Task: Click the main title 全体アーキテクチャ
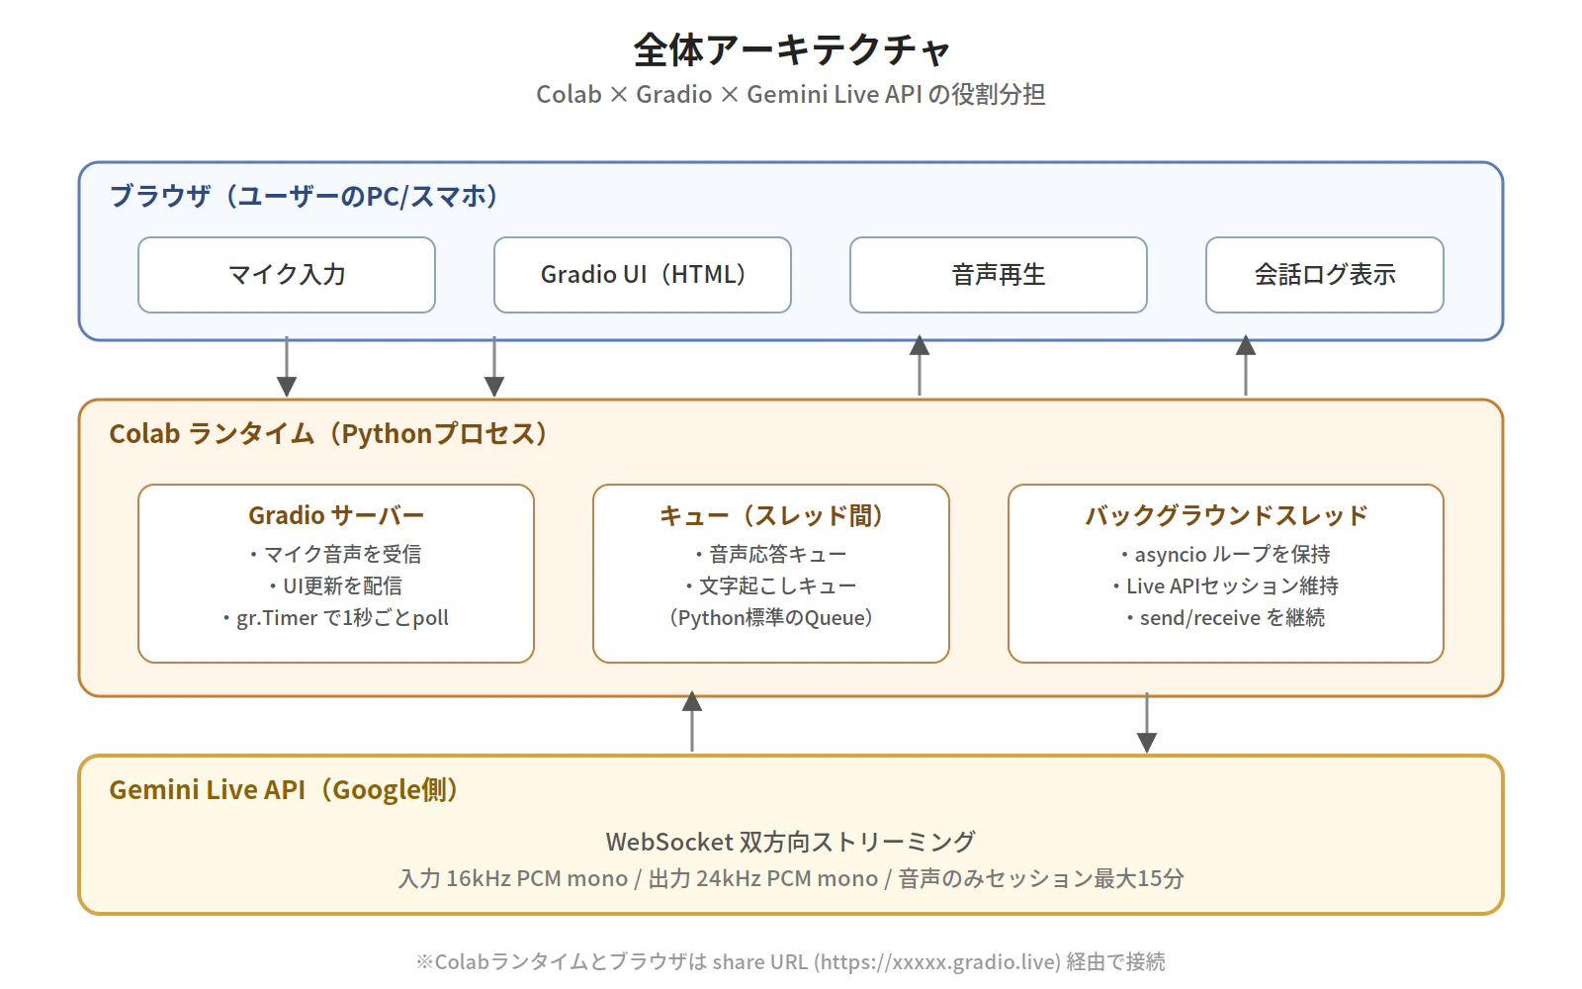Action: pos(791,49)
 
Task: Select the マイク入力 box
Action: pos(287,275)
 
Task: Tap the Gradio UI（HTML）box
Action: pos(643,275)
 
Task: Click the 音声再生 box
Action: pos(999,275)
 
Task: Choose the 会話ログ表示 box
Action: pos(1325,275)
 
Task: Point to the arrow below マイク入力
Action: pos(287,368)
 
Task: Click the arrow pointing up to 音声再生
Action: pos(920,366)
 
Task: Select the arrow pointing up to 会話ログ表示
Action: pos(1246,366)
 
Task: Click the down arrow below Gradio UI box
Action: pos(494,368)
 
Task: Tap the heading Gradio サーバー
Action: pos(336,515)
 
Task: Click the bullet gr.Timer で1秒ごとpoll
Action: pos(336,618)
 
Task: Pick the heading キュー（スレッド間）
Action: pos(771,515)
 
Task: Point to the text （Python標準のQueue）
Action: pos(771,618)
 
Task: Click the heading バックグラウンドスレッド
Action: pos(1226,515)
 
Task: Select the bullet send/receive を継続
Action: pos(1226,618)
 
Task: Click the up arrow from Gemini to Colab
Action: pos(692,722)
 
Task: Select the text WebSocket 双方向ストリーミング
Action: pos(791,842)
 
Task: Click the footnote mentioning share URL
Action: pos(791,961)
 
